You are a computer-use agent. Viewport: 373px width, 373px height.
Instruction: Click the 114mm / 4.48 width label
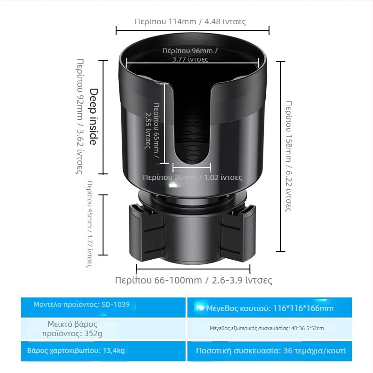click(x=190, y=21)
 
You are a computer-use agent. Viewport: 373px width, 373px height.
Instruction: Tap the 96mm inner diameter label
click(x=190, y=55)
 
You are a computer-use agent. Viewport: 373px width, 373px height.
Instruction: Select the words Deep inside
click(x=93, y=117)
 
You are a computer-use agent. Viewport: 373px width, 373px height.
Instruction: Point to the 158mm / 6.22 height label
click(x=289, y=156)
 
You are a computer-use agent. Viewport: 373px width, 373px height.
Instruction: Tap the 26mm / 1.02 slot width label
click(x=193, y=178)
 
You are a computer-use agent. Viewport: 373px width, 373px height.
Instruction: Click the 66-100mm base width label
click(x=193, y=280)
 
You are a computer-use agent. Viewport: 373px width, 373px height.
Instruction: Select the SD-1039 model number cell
click(x=82, y=304)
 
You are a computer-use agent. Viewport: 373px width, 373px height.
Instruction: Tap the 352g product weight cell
click(x=72, y=329)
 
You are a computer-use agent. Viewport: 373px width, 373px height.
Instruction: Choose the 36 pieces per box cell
click(x=270, y=351)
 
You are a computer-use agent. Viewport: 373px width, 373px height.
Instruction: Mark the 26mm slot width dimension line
click(x=192, y=166)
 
